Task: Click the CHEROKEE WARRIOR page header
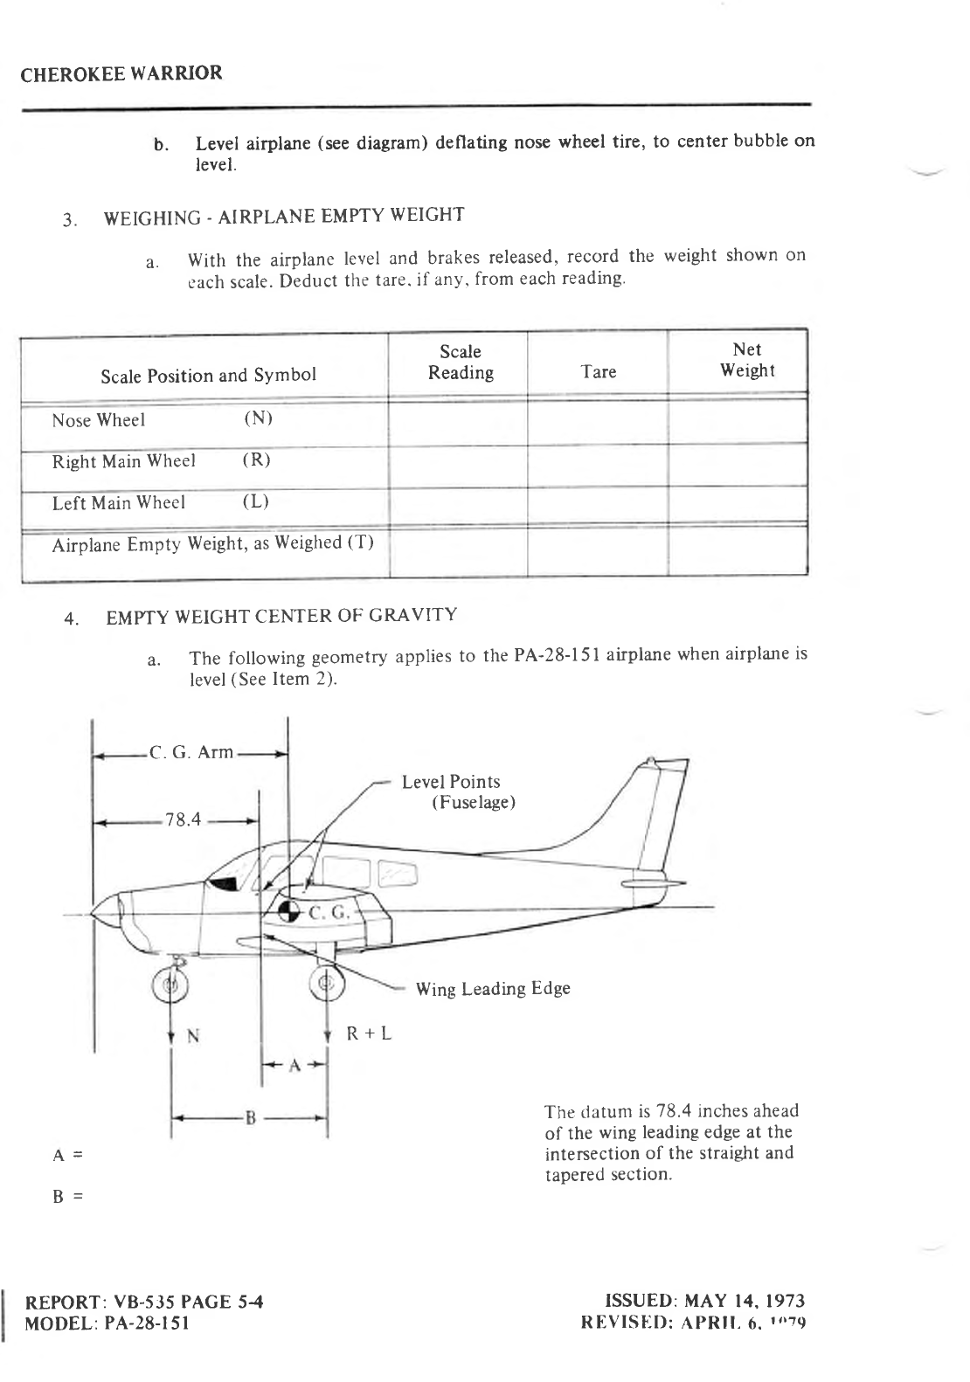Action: (121, 73)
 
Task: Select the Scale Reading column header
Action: (461, 363)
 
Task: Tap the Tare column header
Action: (599, 372)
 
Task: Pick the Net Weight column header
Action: (747, 361)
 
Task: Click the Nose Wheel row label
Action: (98, 421)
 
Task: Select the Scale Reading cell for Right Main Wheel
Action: (458, 465)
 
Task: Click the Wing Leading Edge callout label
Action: (493, 989)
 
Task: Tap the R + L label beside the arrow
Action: (369, 1033)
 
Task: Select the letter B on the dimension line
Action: (249, 1117)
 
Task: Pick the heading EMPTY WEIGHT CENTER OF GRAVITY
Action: (281, 616)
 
